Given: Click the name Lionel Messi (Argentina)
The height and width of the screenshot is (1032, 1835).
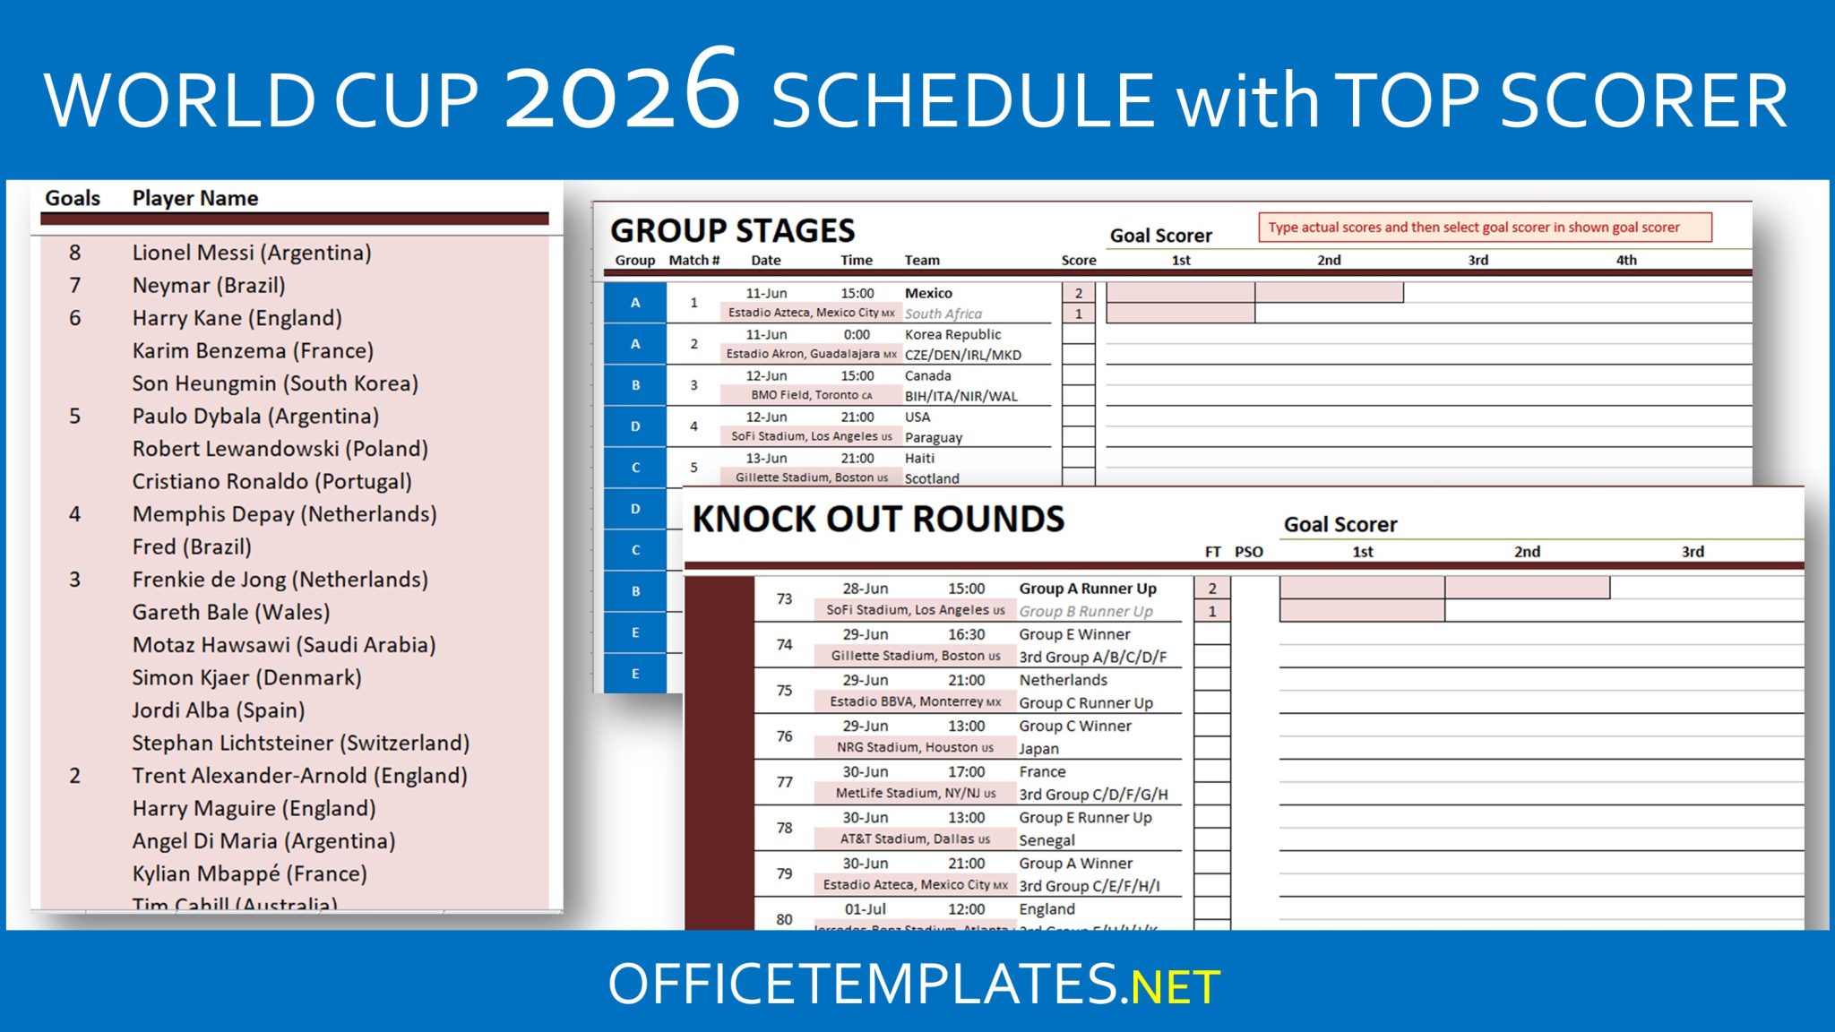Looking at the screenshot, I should click(x=251, y=253).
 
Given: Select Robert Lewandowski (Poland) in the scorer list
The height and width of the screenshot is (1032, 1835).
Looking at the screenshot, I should click(x=280, y=449).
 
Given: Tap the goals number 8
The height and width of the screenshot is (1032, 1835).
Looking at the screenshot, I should click(x=75, y=253).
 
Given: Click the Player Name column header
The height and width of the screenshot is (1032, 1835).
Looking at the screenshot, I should click(x=194, y=198).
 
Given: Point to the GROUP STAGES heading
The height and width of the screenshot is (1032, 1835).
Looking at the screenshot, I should click(x=732, y=230).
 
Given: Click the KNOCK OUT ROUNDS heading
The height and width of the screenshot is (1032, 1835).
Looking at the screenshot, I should click(x=878, y=519).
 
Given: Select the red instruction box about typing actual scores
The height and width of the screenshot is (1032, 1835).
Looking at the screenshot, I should click(x=1485, y=228).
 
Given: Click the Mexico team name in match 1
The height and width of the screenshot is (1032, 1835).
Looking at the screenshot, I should click(x=928, y=293).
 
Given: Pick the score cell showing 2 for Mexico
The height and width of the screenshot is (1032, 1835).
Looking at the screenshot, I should click(x=1079, y=293).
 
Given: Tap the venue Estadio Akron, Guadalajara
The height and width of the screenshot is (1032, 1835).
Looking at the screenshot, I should click(x=811, y=354).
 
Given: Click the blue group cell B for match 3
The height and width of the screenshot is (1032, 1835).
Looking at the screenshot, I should click(x=635, y=385).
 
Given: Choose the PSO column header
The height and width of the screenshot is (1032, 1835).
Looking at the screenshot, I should click(x=1248, y=552).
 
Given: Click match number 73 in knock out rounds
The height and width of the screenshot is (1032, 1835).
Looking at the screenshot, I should click(x=784, y=598).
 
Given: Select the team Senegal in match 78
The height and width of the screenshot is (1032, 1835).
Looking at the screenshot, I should click(x=1047, y=840).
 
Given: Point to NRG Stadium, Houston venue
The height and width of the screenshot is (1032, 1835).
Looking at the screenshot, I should click(x=915, y=747).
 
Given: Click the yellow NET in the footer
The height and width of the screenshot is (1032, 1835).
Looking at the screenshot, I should click(x=1175, y=986).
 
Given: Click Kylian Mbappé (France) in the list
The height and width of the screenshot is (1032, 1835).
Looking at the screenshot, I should click(x=249, y=873).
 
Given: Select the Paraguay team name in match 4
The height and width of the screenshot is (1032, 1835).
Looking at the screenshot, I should click(x=934, y=438).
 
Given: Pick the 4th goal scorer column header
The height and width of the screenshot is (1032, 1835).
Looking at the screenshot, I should click(x=1626, y=261).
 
